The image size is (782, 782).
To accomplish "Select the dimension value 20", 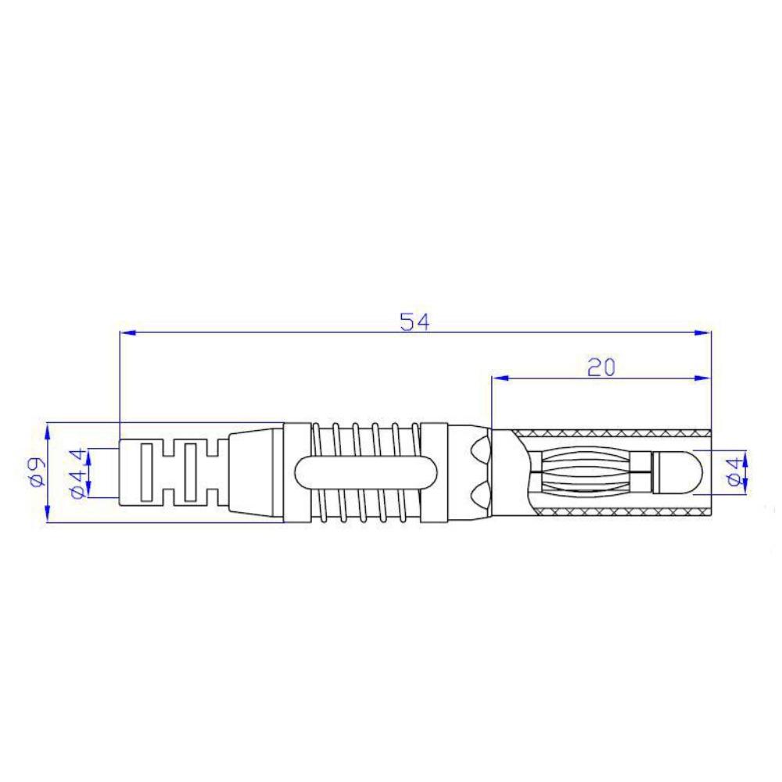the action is (601, 368).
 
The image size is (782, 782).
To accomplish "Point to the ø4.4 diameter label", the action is (77, 473).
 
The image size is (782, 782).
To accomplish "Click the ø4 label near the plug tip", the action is (735, 472).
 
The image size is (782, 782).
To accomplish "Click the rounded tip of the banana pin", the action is (678, 472).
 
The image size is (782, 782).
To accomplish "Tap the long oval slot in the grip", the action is (366, 472).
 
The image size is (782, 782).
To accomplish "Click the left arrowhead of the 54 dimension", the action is (128, 332).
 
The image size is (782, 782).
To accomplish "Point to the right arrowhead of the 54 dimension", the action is (703, 332).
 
